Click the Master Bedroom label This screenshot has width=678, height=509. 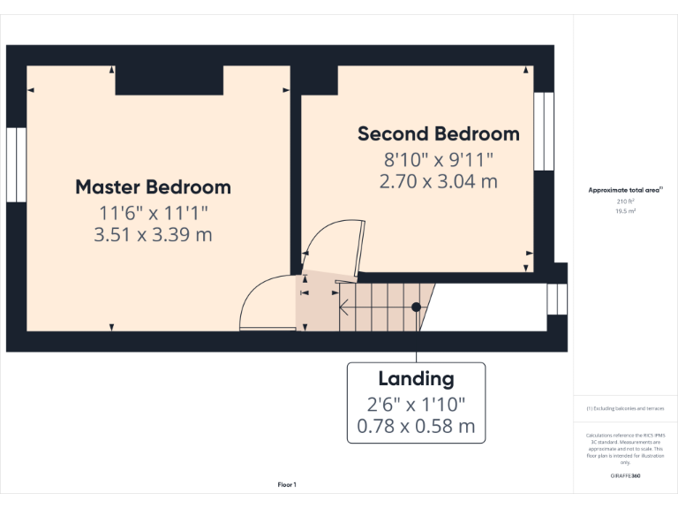coord(153,187)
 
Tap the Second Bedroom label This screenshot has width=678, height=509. coord(438,134)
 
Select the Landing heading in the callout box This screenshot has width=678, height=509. coord(416,379)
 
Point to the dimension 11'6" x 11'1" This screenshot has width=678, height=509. coord(153,212)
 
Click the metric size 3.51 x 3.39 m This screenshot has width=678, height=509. coord(153,234)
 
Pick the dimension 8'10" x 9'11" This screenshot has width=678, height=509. coord(438,160)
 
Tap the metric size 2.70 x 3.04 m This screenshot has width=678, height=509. coord(438,181)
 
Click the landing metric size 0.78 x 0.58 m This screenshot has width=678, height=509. coord(416,428)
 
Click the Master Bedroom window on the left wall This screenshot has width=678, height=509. coord(16,164)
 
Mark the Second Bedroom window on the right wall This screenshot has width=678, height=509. coord(545,131)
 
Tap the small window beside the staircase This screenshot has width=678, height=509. coord(557,299)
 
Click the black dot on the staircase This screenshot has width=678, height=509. coord(416,308)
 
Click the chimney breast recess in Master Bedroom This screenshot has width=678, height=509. coord(169,80)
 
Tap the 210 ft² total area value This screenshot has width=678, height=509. coord(625,202)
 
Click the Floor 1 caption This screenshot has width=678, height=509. coord(287,484)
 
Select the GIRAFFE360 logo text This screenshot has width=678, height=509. coord(625,476)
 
